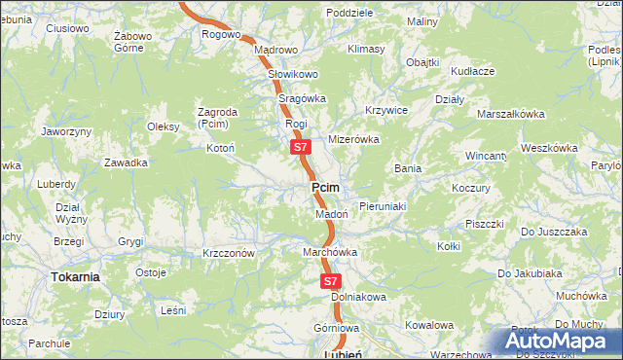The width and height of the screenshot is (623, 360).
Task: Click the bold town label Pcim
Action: [325, 187]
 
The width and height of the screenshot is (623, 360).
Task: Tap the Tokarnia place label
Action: [75, 276]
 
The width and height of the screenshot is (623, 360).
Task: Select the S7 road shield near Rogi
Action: [300, 148]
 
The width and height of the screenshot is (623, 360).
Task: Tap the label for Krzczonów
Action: [229, 253]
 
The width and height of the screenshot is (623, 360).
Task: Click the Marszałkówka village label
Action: [510, 114]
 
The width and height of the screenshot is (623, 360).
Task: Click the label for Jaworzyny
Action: [66, 131]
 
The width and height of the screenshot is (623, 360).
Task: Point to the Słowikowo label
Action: [293, 74]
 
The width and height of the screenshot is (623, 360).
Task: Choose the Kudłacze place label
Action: [473, 71]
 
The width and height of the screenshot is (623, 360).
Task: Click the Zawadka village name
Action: [127, 162]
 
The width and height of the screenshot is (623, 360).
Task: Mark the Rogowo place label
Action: [221, 34]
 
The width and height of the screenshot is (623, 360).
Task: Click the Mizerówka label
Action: [352, 139]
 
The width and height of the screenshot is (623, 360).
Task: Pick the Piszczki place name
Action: [484, 224]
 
